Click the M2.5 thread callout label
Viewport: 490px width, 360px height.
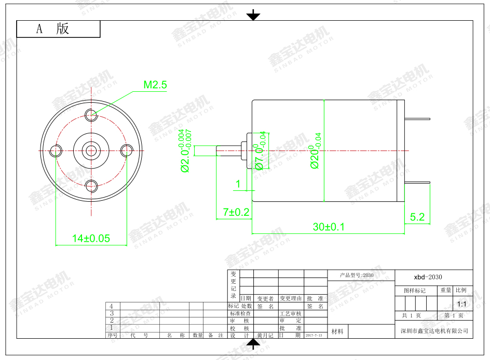[x=155, y=85]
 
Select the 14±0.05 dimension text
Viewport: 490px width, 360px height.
[x=91, y=238]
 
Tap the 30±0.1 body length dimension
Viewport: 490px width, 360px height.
[x=329, y=227]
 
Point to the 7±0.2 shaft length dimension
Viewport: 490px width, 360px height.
[x=236, y=212]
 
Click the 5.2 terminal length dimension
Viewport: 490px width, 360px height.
[x=417, y=217]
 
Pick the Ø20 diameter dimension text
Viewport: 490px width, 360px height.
[x=316, y=150]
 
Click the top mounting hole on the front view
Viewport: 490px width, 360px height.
[x=91, y=115]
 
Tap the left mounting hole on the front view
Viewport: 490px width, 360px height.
[x=56, y=150]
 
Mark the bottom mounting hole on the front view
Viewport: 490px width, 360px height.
[x=91, y=186]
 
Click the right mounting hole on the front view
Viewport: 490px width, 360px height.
[x=127, y=150]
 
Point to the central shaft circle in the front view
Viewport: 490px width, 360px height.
[x=91, y=150]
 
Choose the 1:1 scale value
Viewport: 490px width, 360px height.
[x=461, y=304]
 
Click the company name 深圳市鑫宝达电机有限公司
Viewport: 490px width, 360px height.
[x=434, y=330]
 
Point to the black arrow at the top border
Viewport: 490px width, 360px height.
[x=253, y=15]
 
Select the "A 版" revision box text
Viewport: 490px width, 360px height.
[x=52, y=29]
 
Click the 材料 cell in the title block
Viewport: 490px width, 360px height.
[x=337, y=331]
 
